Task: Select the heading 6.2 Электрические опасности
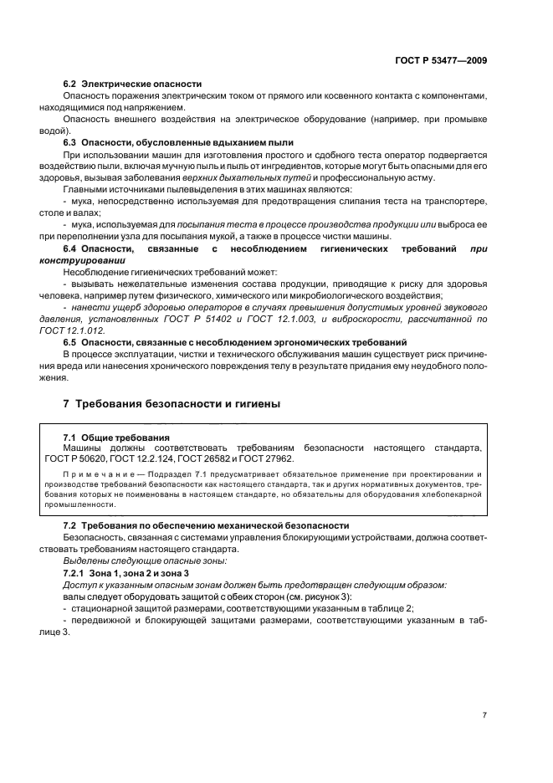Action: [133, 84]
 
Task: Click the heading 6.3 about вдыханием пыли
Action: [178, 143]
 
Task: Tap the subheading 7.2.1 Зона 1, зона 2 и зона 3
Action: [127, 572]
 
